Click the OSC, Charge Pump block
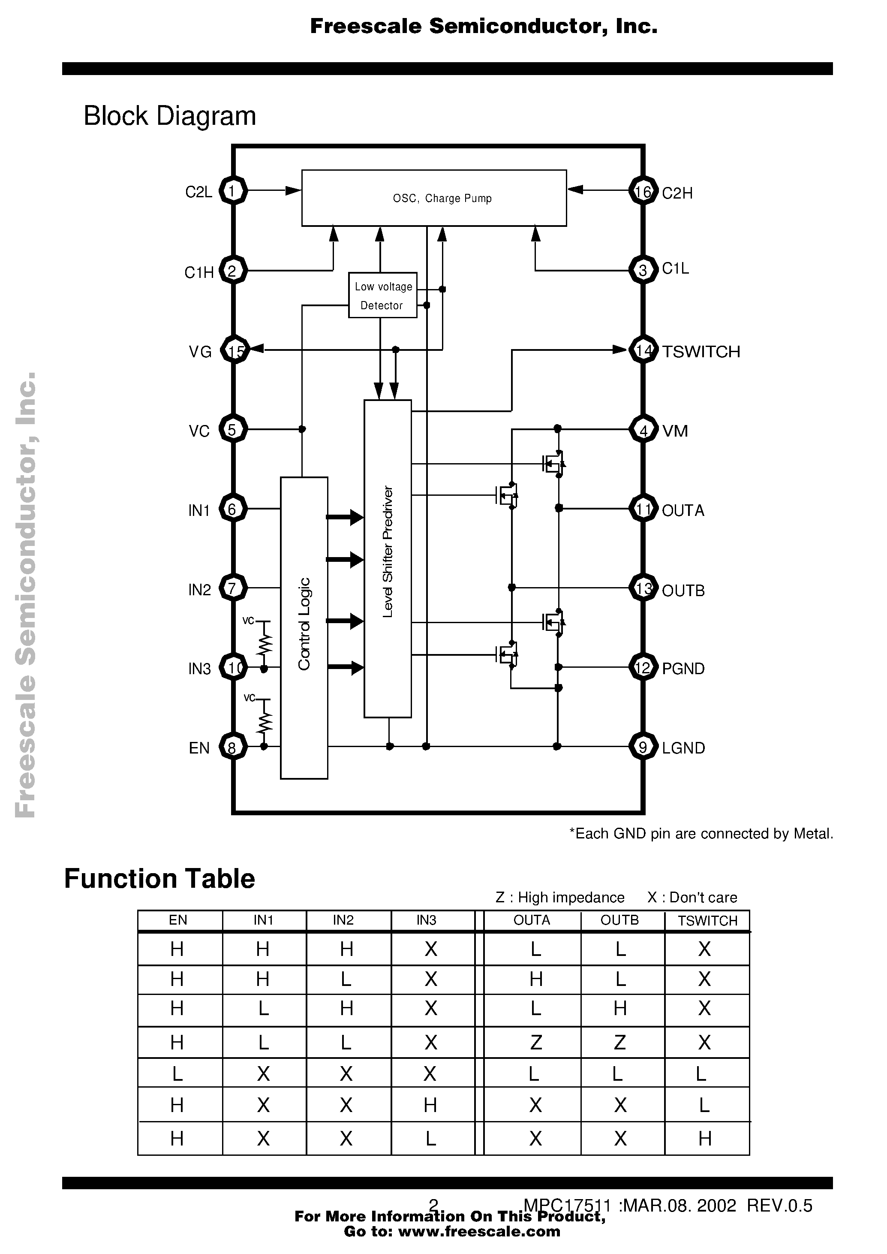point(434,198)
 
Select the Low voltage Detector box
point(382,295)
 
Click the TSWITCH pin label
point(701,351)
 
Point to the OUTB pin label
point(683,591)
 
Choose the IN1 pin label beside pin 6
point(199,510)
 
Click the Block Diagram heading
point(169,116)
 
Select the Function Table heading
point(159,879)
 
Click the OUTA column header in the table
point(532,920)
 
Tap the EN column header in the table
point(178,920)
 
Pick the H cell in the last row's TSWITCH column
point(704,1139)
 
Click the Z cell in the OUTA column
point(535,1043)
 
